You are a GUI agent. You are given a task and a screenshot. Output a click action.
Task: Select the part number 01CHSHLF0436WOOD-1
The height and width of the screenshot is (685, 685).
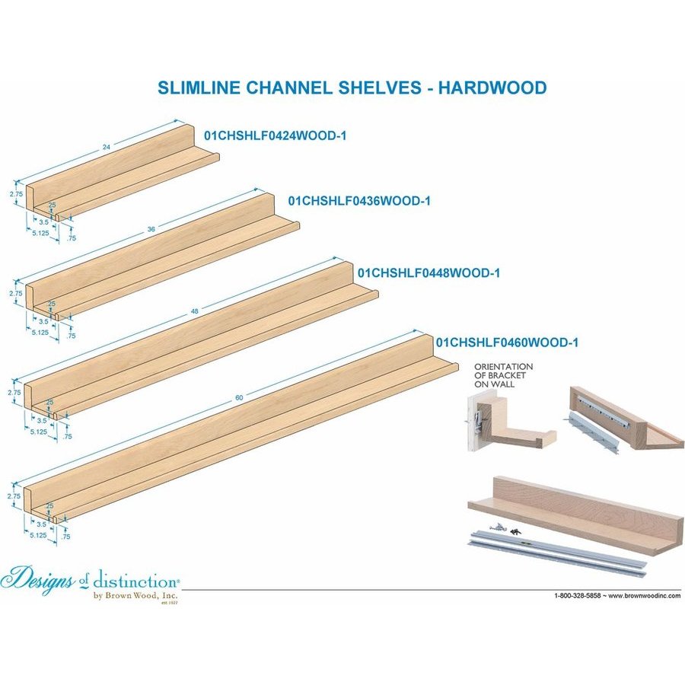tap(359, 201)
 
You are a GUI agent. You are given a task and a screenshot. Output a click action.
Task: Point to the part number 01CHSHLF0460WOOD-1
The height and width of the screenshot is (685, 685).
tap(507, 342)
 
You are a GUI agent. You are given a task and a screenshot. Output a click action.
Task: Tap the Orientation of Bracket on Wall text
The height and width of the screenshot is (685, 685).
tap(502, 375)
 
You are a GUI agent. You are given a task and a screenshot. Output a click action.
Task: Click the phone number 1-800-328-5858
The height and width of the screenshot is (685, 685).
tap(578, 594)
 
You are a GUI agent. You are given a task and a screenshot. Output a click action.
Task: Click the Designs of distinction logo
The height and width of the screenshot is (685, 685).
tap(91, 583)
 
